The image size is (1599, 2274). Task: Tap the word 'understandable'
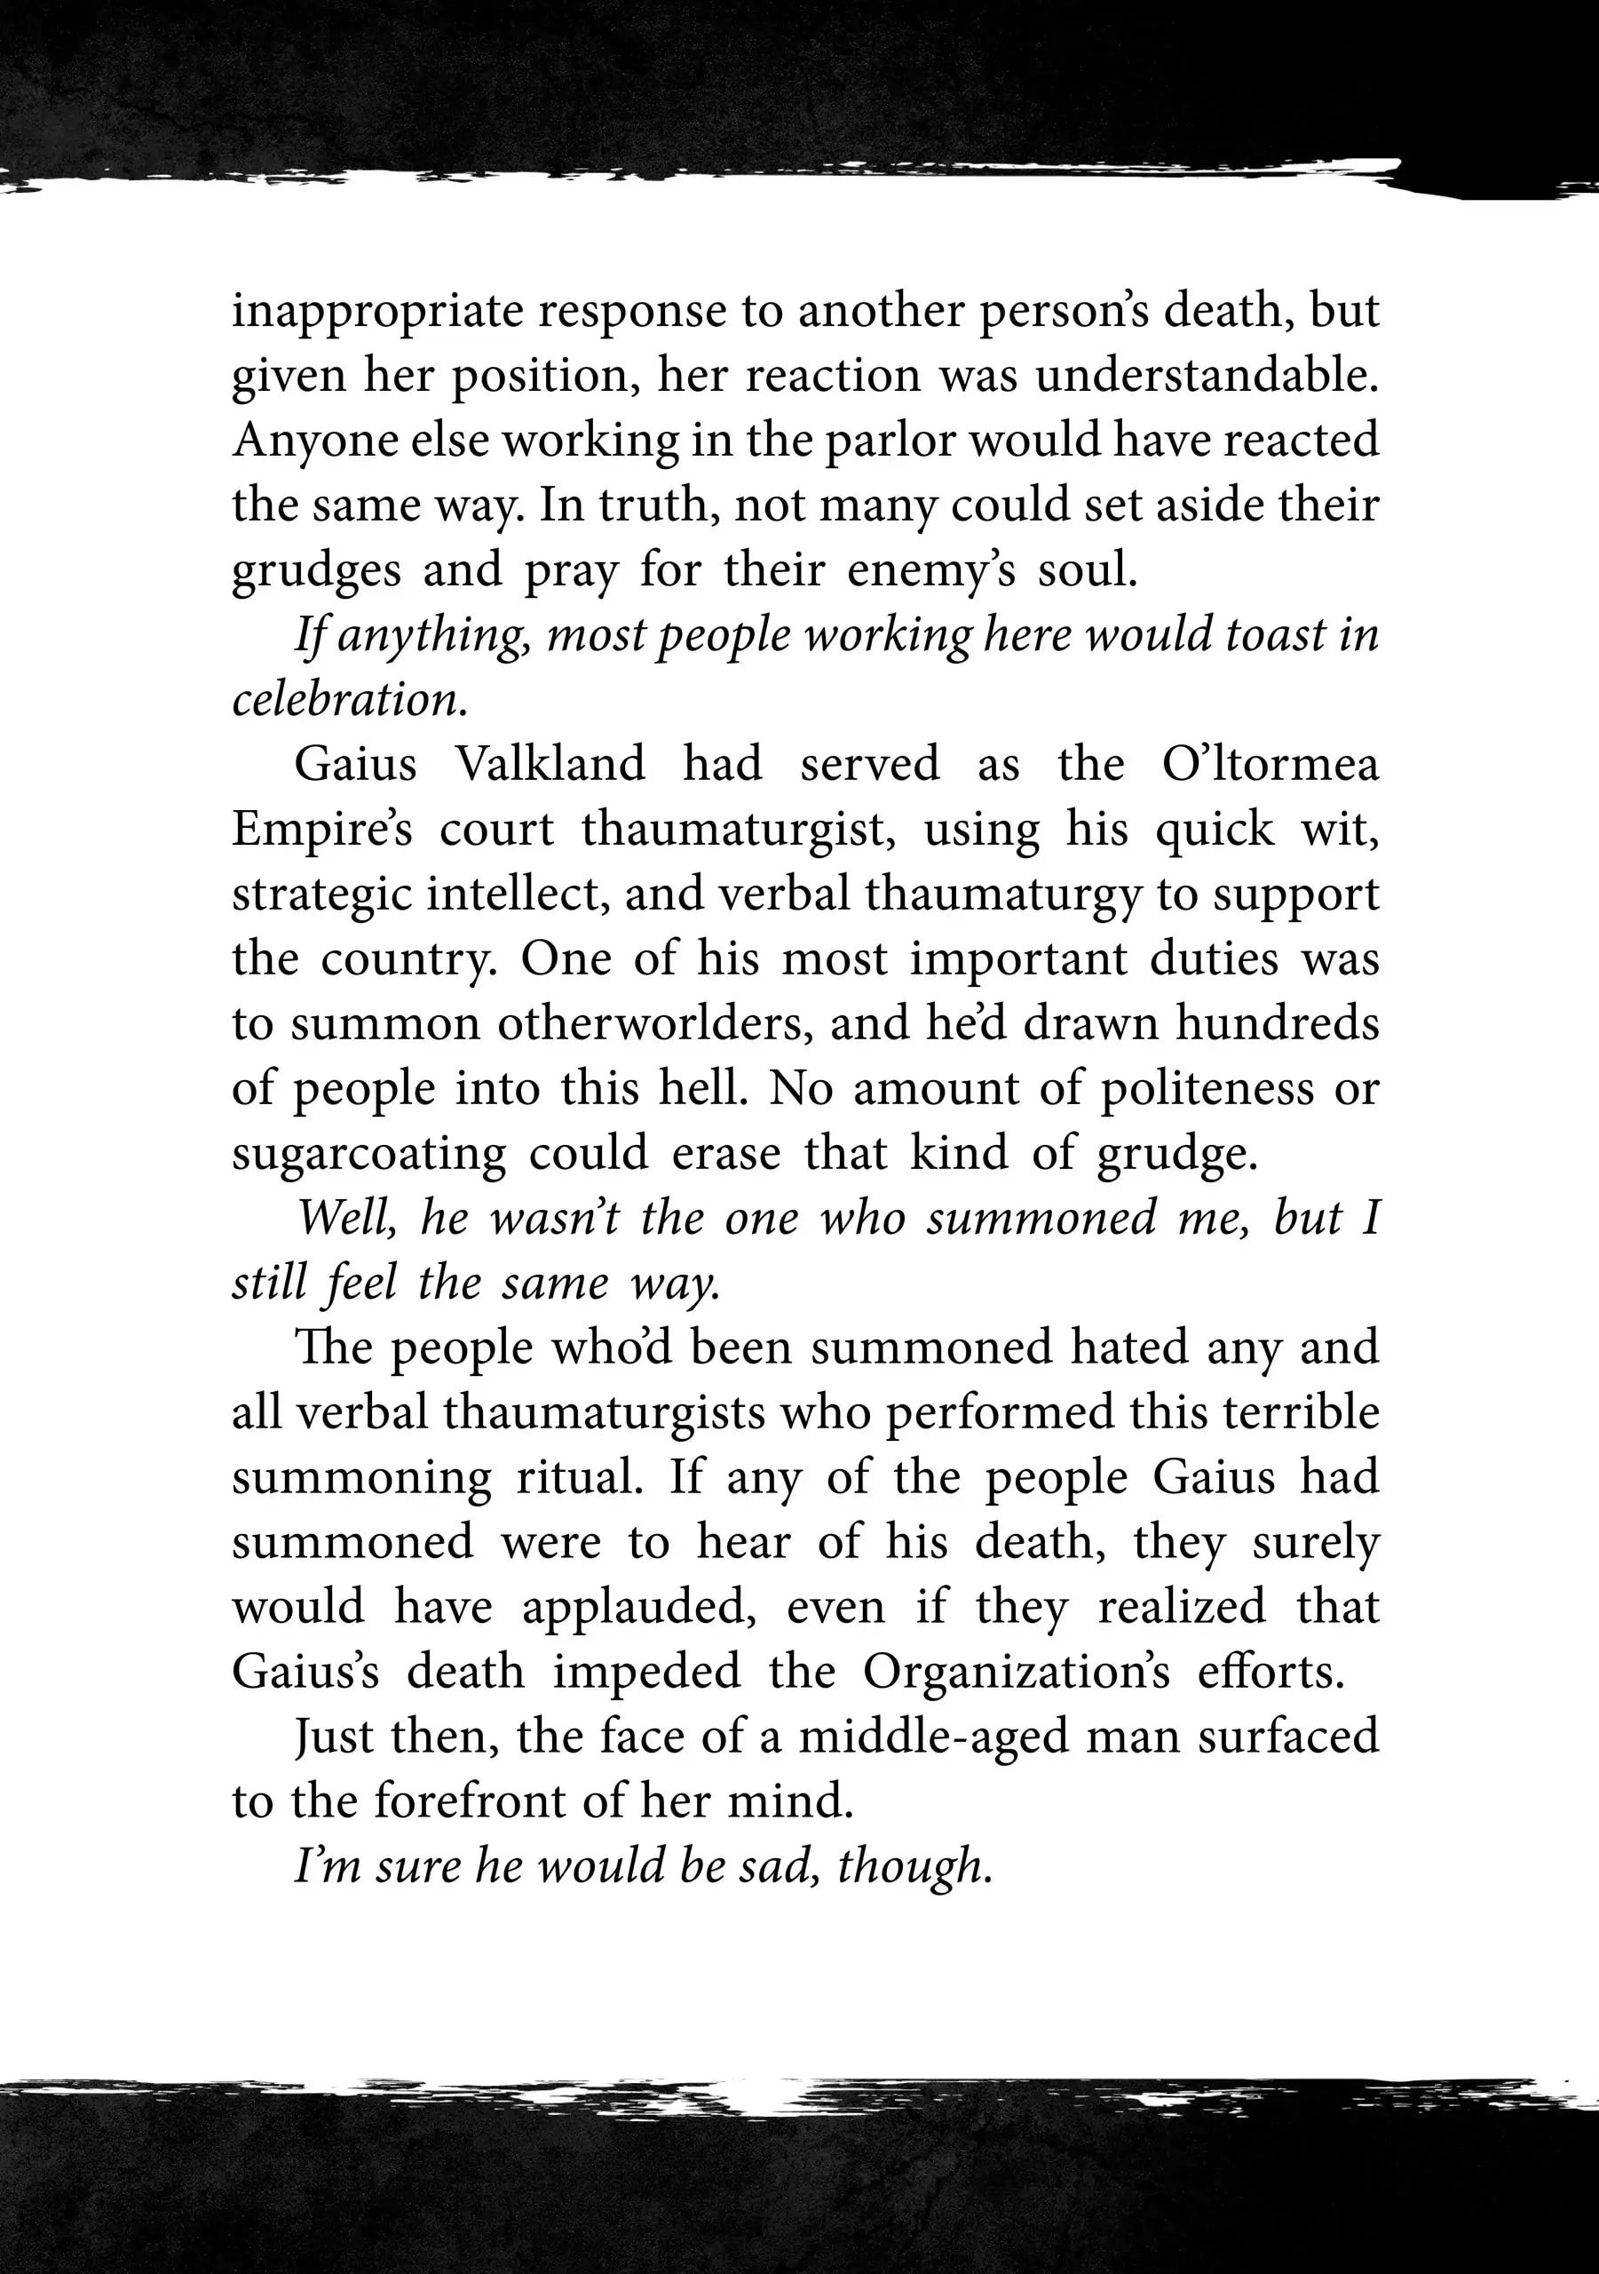pos(1200,377)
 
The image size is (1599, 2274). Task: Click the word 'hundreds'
pos(1278,1023)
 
